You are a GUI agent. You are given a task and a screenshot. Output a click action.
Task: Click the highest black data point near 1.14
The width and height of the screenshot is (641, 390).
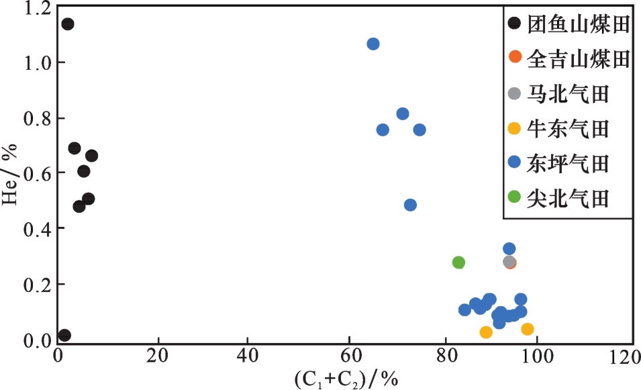pos(67,24)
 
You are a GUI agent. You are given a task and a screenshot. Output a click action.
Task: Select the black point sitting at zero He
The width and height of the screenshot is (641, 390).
pos(64,336)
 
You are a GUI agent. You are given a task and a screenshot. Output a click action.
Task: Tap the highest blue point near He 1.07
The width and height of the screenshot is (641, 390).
pos(373,44)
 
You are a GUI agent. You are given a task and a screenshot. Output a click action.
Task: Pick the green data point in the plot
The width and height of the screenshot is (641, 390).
pos(458,262)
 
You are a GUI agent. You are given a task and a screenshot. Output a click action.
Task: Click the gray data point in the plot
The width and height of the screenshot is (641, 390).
pos(509,262)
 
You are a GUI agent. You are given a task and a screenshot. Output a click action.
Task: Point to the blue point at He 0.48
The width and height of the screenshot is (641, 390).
pos(410,205)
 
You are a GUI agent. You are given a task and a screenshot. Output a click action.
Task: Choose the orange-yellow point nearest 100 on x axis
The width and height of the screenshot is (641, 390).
pos(528,329)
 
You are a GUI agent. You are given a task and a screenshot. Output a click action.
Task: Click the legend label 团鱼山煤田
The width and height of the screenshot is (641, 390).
pos(578,25)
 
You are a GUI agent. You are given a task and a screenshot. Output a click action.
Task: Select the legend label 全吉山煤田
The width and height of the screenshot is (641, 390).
pos(578,59)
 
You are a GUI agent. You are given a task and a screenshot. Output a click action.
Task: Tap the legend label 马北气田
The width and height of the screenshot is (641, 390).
pos(568,94)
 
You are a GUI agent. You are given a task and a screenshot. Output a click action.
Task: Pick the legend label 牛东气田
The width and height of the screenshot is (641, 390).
pos(568,128)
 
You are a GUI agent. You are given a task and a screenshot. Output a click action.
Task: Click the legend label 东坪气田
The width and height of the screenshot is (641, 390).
pos(568,163)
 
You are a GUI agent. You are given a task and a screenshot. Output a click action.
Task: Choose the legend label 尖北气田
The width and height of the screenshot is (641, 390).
pos(568,198)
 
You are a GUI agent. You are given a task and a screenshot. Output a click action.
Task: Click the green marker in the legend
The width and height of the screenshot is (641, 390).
pos(515,197)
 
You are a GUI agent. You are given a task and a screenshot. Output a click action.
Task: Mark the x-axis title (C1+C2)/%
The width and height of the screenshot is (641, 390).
pos(346,380)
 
